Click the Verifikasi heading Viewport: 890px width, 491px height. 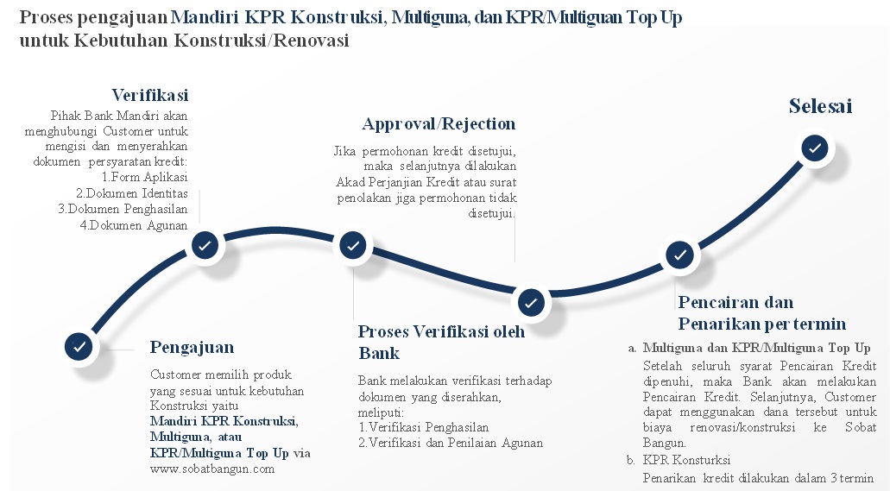(x=150, y=95)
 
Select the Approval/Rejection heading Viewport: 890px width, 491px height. (x=439, y=123)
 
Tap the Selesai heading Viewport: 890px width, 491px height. (x=820, y=106)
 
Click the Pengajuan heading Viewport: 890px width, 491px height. (x=192, y=348)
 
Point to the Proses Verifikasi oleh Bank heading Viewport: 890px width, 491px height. (x=442, y=343)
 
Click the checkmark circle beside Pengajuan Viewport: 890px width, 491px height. (x=79, y=346)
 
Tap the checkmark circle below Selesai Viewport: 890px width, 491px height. (x=815, y=148)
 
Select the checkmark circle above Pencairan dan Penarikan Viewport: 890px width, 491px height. (x=679, y=255)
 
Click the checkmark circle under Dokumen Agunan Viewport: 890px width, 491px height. (x=205, y=246)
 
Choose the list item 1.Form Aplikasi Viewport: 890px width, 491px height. (x=145, y=177)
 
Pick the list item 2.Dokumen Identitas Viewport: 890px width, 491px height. (x=132, y=193)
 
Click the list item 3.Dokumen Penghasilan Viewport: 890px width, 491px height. (x=123, y=209)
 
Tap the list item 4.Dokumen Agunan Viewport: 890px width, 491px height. (x=134, y=225)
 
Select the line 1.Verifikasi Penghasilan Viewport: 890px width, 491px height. (x=424, y=427)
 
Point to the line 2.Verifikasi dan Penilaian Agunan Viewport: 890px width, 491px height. (x=451, y=443)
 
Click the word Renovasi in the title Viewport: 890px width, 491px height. (x=311, y=41)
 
